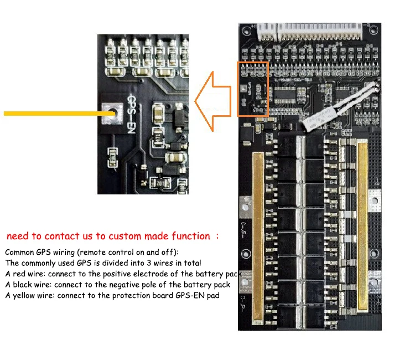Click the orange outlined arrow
tap(213, 100)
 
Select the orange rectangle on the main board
tap(253, 89)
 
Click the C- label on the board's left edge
tap(243, 227)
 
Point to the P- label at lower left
tap(243, 302)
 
